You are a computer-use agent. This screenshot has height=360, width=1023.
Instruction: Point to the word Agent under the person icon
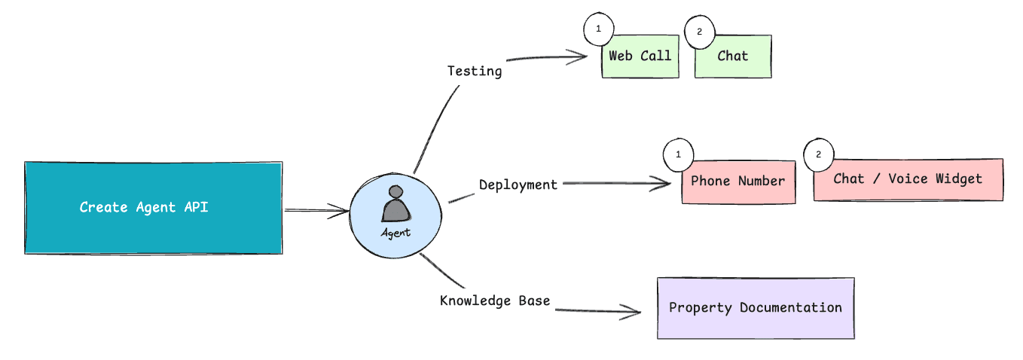click(x=396, y=233)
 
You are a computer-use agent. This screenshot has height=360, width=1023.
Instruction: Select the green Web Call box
click(x=640, y=56)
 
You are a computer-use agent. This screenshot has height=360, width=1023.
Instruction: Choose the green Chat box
click(x=733, y=56)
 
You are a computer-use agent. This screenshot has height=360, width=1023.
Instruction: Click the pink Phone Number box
click(x=738, y=182)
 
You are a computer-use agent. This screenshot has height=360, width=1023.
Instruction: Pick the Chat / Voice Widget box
click(x=908, y=179)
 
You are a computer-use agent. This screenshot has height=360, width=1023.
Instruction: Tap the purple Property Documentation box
click(x=756, y=308)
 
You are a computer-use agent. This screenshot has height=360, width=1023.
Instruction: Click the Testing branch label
click(x=475, y=72)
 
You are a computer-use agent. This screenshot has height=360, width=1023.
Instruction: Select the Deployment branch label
click(x=518, y=185)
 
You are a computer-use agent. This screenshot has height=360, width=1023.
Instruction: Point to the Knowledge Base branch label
click(x=495, y=301)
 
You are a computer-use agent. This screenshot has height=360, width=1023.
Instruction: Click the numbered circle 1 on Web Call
click(x=599, y=29)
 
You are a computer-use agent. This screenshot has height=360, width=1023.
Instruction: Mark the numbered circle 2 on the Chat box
click(x=698, y=32)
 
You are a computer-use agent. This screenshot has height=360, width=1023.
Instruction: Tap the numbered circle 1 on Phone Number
click(x=678, y=154)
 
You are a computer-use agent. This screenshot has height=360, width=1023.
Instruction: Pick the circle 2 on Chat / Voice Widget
click(x=819, y=154)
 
